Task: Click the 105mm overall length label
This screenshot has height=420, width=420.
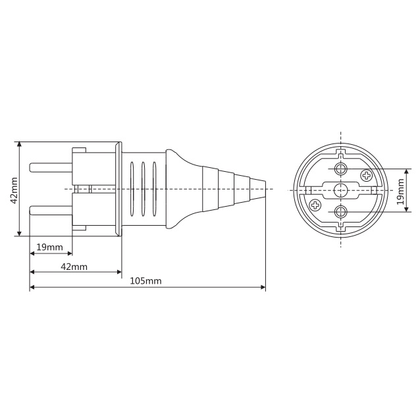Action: [x=145, y=280]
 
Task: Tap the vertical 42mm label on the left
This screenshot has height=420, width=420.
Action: [x=14, y=190]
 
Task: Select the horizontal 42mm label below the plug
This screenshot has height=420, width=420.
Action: [x=74, y=267]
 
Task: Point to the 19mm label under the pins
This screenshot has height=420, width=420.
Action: [x=49, y=247]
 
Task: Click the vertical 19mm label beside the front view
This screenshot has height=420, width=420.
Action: [x=400, y=192]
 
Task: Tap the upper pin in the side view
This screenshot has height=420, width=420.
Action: [x=51, y=168]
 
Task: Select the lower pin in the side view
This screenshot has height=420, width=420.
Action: [x=51, y=211]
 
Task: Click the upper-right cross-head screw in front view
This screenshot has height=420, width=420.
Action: [x=366, y=176]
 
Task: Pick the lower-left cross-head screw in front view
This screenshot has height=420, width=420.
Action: [x=315, y=205]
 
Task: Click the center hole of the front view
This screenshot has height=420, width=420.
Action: [x=341, y=190]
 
